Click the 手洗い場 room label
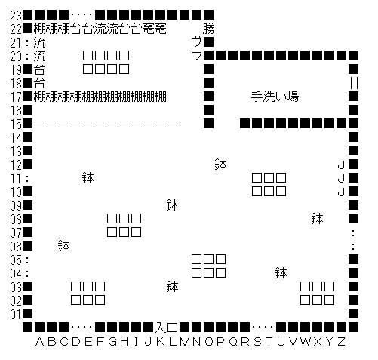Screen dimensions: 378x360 pos(275,97)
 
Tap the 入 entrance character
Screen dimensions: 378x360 pos(161,328)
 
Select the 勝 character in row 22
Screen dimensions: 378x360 pos(208,29)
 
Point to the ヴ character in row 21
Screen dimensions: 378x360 pos(196,42)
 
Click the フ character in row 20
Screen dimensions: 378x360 pos(197,56)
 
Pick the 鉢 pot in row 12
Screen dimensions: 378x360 pos(220,165)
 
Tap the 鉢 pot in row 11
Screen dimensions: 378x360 pos(88,178)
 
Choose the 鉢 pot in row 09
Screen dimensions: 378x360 pos(172,205)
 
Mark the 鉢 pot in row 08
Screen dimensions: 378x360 pos(317,219)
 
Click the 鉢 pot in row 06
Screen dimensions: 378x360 pos(63,246)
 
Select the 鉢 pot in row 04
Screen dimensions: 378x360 pos(281,273)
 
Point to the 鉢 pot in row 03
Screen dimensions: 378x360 pos(172,287)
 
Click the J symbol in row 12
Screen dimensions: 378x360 pos(341,165)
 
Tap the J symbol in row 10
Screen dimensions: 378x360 pos(341,192)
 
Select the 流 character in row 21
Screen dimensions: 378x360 pos(39,42)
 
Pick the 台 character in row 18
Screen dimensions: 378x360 pos(39,83)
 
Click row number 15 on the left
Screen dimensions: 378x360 pos(16,124)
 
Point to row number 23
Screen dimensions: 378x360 pos(16,15)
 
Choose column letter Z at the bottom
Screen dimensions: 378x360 pos(341,342)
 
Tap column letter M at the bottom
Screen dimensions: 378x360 pos(184,342)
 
